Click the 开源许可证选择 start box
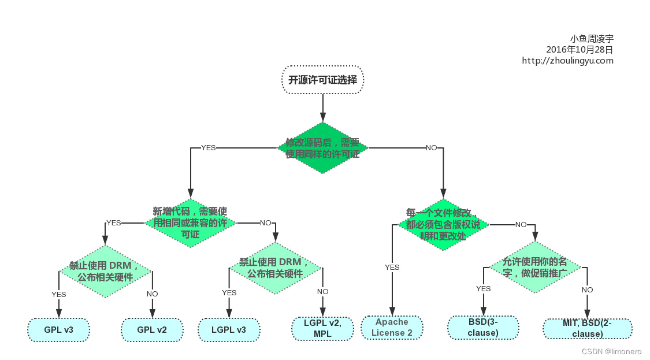point(322,80)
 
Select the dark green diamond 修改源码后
point(322,148)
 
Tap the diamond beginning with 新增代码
point(190,222)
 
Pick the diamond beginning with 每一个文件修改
point(443,224)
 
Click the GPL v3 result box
point(58,329)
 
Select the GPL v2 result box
point(152,329)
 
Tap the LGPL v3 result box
point(229,329)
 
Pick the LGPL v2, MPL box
point(322,328)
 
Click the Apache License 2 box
point(392,327)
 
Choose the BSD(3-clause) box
point(483,327)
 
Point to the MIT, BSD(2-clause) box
point(587,328)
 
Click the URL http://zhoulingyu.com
point(567,60)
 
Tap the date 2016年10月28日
point(580,50)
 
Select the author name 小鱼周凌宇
point(592,39)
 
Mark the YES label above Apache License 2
point(392,267)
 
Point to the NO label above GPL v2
point(152,294)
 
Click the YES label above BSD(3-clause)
point(483,288)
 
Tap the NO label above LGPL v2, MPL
point(322,292)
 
